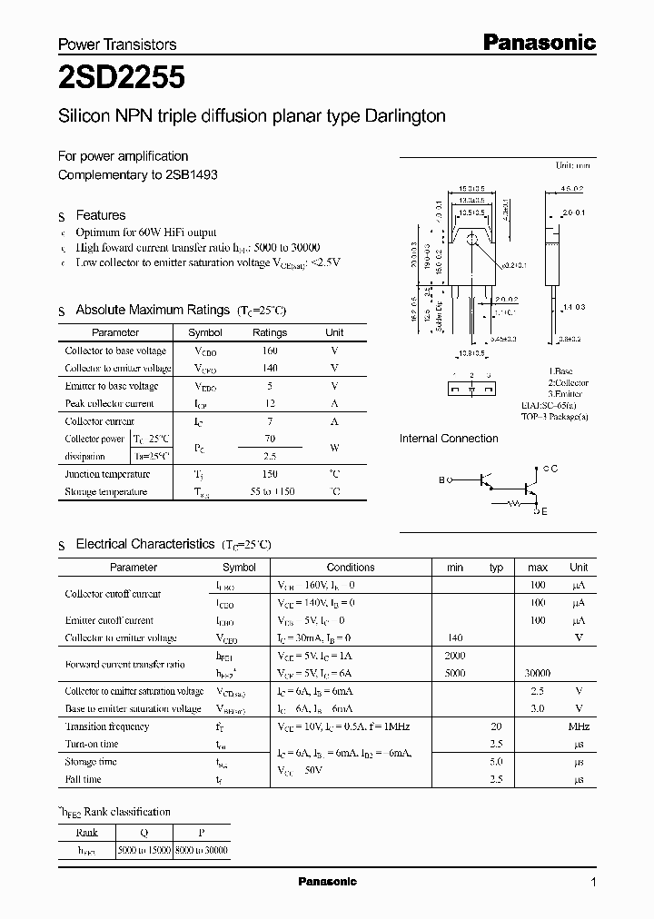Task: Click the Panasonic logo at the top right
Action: tap(538, 42)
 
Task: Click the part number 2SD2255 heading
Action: tap(122, 79)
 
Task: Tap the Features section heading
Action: tap(100, 215)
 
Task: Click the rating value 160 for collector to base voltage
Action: tap(269, 351)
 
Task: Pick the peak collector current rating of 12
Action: tap(269, 403)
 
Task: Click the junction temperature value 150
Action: tap(269, 474)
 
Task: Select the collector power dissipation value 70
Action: tap(269, 439)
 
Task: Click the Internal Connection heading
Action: tap(449, 439)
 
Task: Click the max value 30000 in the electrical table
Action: tap(538, 674)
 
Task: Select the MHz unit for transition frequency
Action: tap(579, 726)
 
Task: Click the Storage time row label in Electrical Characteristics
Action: tap(91, 762)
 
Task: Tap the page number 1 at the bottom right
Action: tap(593, 883)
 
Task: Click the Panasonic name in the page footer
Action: tap(327, 882)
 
